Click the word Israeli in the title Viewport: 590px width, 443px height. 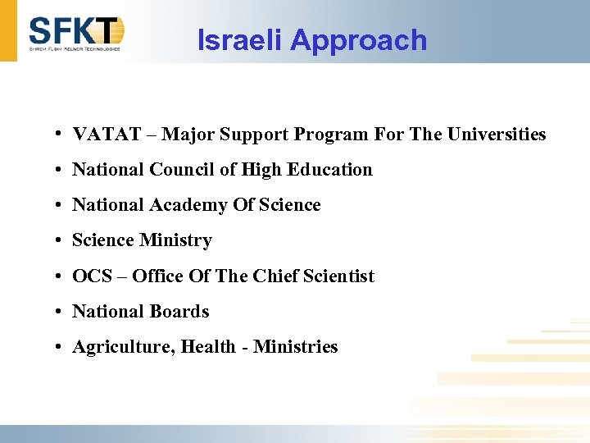coord(240,39)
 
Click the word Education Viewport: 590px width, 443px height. coord(333,170)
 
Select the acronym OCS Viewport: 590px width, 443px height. coord(89,276)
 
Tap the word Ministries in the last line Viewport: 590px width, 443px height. coord(296,347)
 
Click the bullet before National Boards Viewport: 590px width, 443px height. coord(61,312)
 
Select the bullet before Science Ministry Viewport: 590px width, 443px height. coord(61,240)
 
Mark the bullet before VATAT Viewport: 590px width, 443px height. coord(61,134)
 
